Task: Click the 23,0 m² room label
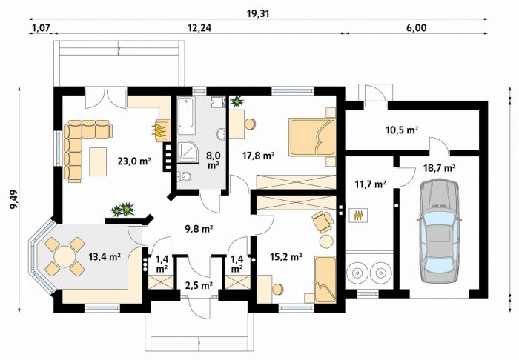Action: tap(134, 161)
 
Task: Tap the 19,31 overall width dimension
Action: tap(258, 13)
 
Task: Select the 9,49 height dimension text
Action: tap(14, 199)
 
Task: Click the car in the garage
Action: tap(439, 231)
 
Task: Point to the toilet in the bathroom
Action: tap(184, 178)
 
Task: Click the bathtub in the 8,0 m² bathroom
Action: tap(185, 116)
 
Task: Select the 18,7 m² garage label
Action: tap(439, 168)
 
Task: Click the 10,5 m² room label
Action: tap(402, 130)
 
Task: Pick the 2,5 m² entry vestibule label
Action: tap(199, 285)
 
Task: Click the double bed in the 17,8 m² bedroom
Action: tap(312, 137)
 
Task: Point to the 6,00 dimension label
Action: tap(416, 28)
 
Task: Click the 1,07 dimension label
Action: tap(41, 28)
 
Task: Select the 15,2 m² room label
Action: tap(285, 256)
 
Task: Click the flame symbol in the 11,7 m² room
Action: tap(358, 216)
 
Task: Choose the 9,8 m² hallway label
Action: tap(199, 228)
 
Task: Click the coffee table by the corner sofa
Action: tap(98, 161)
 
